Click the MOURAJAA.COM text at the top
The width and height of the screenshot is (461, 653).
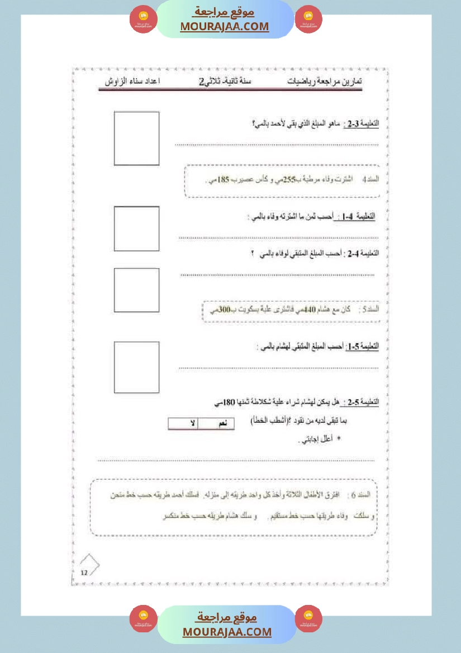[x=224, y=26]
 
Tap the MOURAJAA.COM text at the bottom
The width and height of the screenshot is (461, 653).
[x=227, y=632]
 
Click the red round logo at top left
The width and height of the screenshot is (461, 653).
[x=144, y=20]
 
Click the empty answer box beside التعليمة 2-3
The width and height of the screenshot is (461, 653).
[x=137, y=139]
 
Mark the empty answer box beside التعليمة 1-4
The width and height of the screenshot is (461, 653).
[x=137, y=228]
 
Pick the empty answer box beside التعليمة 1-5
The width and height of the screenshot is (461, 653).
[x=137, y=368]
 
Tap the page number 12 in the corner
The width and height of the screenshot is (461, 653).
[x=84, y=573]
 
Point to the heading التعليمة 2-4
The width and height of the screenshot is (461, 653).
[x=368, y=253]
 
